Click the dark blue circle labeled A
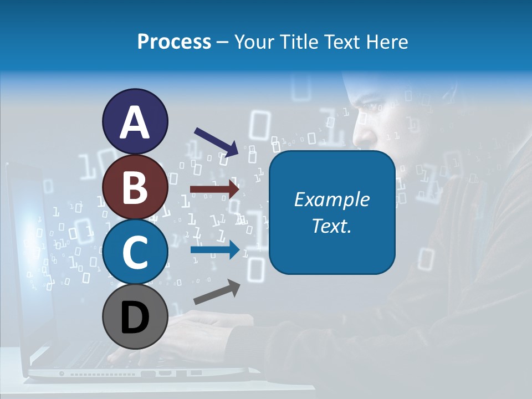coord(135,122)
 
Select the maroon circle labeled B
coord(135,187)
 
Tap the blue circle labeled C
coord(135,252)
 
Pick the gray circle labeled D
coord(135,318)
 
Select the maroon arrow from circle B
coord(215,189)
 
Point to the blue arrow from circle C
coord(215,250)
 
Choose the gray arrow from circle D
coord(217,291)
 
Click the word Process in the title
coord(174,42)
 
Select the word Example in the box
coord(331,199)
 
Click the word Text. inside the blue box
coord(331,226)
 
